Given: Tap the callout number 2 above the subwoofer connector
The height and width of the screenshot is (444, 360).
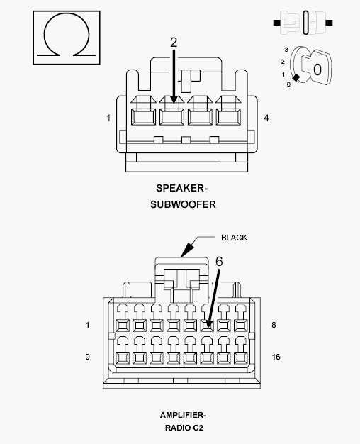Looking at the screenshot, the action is [174, 43].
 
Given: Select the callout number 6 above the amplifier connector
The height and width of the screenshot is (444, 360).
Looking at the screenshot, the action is [219, 261].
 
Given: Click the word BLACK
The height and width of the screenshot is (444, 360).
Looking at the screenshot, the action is [234, 238].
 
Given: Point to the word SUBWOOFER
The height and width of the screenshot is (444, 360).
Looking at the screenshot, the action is [183, 204].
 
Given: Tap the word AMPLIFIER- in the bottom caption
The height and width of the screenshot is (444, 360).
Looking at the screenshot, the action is [183, 415].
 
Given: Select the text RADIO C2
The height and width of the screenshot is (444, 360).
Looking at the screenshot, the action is [184, 428].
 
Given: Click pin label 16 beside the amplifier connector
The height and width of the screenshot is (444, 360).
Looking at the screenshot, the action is [276, 357].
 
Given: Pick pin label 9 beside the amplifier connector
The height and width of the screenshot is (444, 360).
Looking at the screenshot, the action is [87, 357].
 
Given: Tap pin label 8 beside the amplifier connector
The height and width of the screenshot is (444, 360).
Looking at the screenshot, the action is [274, 325].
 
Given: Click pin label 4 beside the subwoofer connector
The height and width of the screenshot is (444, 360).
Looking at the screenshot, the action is [266, 118].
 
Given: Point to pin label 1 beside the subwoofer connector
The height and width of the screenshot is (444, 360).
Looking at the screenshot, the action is [108, 118].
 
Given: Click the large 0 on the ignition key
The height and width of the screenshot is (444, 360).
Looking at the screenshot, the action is [317, 70].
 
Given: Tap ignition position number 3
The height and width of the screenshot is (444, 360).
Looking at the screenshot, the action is [286, 50].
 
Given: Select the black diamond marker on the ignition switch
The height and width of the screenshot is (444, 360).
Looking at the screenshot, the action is [296, 77].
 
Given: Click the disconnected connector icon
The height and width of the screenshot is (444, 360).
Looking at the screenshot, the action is [303, 23].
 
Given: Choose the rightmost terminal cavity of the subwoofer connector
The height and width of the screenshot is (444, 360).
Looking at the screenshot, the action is [228, 116].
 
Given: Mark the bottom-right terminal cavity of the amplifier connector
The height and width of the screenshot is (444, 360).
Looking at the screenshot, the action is [240, 358].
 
